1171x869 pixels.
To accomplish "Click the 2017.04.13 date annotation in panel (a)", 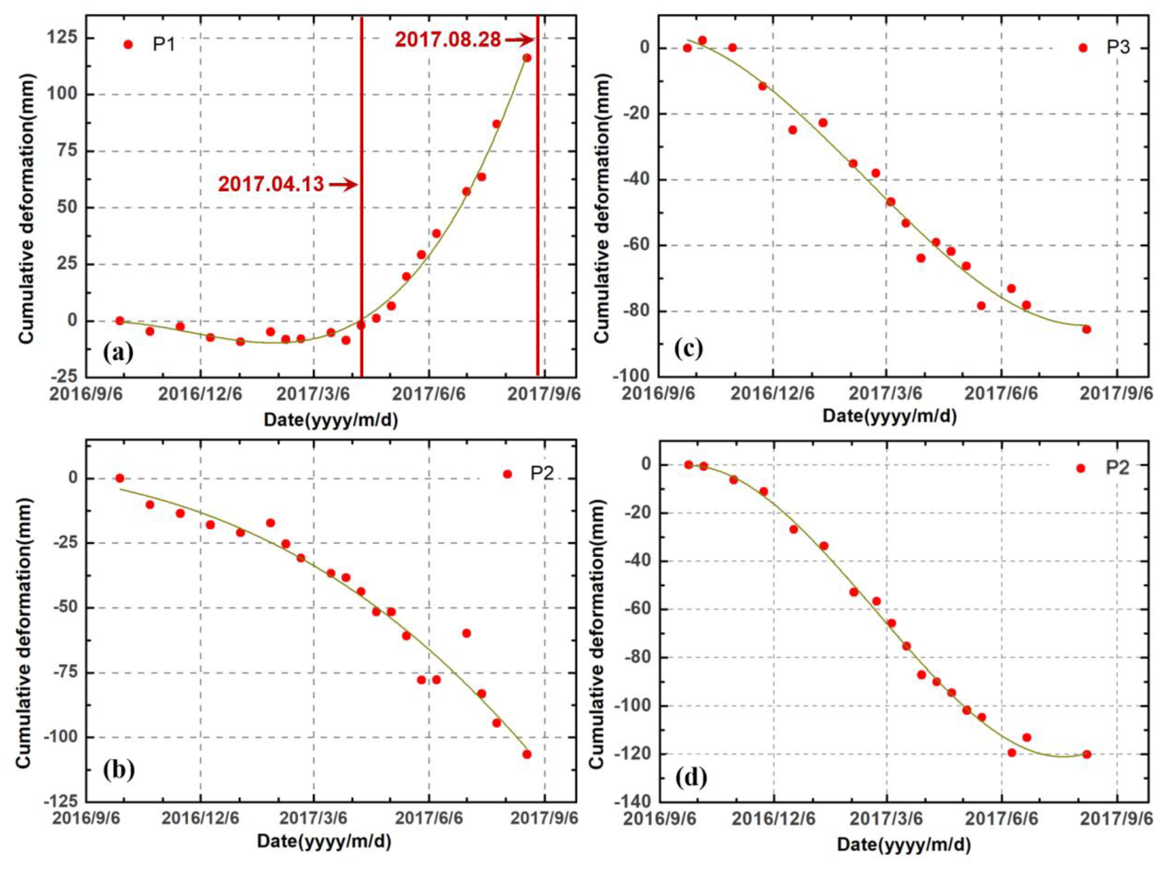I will (x=271, y=184).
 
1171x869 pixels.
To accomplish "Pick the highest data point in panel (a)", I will (x=526, y=58).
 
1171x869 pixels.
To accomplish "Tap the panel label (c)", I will (x=688, y=348).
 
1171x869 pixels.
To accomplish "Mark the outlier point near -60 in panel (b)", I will (x=466, y=633).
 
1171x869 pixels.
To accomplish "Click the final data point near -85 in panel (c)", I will (x=1086, y=329).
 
